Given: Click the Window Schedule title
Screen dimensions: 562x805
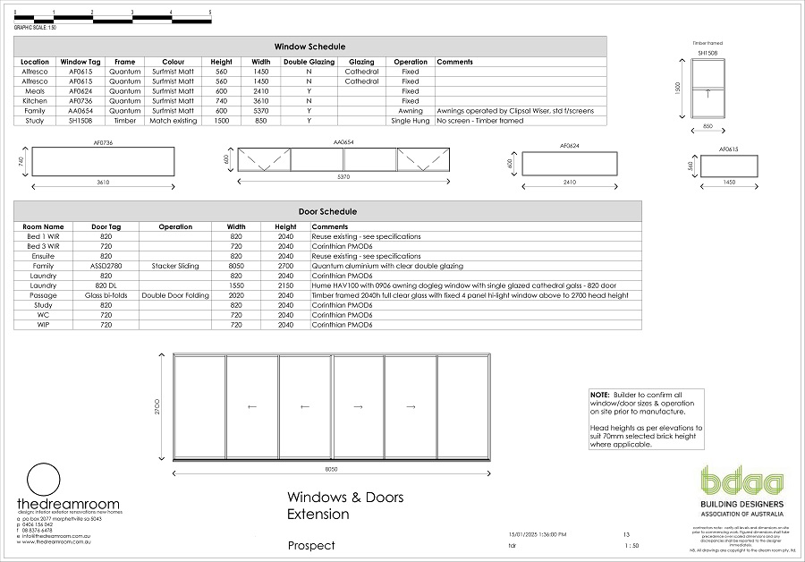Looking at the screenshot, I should pyautogui.click(x=309, y=47).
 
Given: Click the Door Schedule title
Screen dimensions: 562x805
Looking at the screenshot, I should pyautogui.click(x=327, y=211).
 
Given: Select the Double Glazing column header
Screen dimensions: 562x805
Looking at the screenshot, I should pyautogui.click(x=309, y=62).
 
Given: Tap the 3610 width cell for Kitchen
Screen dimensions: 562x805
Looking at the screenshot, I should pyautogui.click(x=261, y=101).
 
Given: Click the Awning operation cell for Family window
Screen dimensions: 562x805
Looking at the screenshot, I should pyautogui.click(x=410, y=111).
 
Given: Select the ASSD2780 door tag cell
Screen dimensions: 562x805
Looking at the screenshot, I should pyautogui.click(x=106, y=266).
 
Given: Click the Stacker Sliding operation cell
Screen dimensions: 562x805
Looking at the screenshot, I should pyautogui.click(x=175, y=266).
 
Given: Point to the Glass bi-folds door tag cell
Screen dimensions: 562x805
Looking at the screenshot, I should pyautogui.click(x=106, y=295).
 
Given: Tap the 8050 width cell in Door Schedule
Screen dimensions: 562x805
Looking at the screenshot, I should pyautogui.click(x=236, y=266).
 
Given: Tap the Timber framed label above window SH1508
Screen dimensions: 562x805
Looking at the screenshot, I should pyautogui.click(x=707, y=43).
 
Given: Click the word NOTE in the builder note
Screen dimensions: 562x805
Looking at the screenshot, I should pyautogui.click(x=598, y=395).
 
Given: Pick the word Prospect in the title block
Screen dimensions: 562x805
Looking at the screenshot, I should pyautogui.click(x=311, y=545).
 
